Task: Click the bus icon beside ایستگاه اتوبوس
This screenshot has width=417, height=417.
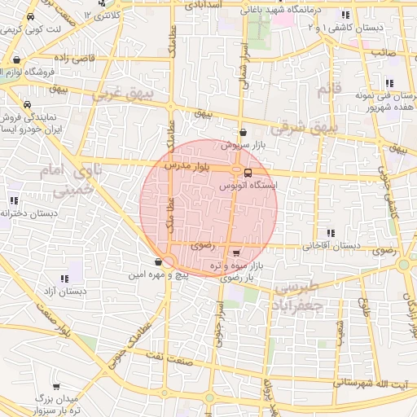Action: click(248, 172)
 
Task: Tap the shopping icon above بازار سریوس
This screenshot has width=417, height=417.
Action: click(243, 132)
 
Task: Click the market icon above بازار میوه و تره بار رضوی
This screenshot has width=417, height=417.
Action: click(236, 252)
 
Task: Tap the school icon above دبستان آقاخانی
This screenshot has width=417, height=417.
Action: click(330, 232)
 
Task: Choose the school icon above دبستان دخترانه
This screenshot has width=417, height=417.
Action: click(14, 200)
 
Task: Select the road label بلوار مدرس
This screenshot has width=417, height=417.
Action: click(189, 166)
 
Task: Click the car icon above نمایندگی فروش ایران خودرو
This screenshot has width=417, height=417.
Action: click(29, 105)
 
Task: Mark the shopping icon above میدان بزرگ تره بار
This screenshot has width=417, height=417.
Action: click(55, 387)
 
